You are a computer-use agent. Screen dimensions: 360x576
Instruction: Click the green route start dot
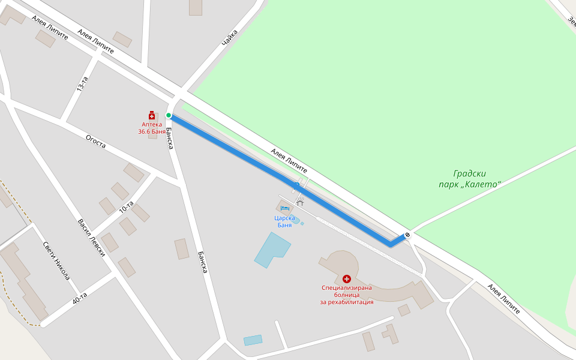pyautogui.click(x=169, y=115)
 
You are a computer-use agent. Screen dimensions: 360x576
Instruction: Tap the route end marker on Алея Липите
pyautogui.click(x=408, y=234)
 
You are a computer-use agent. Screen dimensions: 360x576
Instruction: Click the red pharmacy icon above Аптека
pyautogui.click(x=152, y=115)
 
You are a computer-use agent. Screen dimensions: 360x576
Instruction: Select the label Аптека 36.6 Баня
pyautogui.click(x=152, y=128)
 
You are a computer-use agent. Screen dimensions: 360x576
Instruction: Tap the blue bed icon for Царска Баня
pyautogui.click(x=284, y=208)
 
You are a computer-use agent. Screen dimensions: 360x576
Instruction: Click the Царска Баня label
pyautogui.click(x=284, y=221)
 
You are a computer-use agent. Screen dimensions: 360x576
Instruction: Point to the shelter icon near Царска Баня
pyautogui.click(x=300, y=203)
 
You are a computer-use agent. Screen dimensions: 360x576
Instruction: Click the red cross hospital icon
pyautogui.click(x=346, y=279)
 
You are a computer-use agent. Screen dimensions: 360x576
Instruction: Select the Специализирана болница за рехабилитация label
pyautogui.click(x=347, y=295)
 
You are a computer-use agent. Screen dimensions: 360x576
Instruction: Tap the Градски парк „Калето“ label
pyautogui.click(x=469, y=179)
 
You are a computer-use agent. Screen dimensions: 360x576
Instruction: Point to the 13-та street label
pyautogui.click(x=82, y=84)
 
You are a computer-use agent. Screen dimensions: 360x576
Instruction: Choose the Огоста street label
pyautogui.click(x=95, y=142)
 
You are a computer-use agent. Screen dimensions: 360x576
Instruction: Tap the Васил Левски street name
pyautogui.click(x=91, y=238)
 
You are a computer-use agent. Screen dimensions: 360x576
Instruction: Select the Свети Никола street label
pyautogui.click(x=56, y=261)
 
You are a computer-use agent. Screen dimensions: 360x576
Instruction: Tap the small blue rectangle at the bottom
pyautogui.click(x=253, y=340)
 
